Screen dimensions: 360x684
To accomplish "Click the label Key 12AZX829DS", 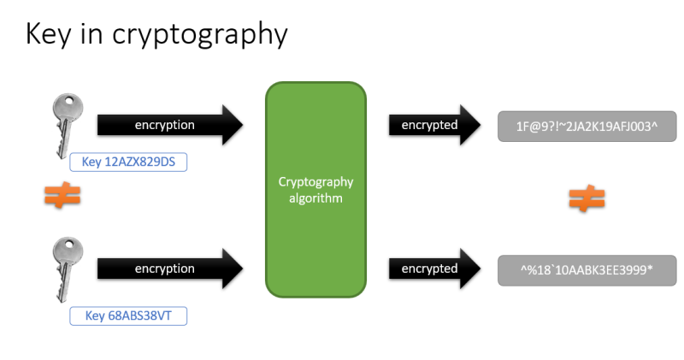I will point(127,162).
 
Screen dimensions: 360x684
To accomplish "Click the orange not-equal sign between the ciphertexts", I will point(587,199).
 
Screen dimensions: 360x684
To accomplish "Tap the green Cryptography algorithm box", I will point(315,190).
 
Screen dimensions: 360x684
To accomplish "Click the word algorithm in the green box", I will point(315,198).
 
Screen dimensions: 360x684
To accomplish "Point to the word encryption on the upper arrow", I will point(165,125).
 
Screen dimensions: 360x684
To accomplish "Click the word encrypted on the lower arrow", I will point(429,269).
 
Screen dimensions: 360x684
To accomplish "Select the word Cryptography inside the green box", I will point(315,182).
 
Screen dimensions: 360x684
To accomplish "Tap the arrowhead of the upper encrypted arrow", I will point(471,125).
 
